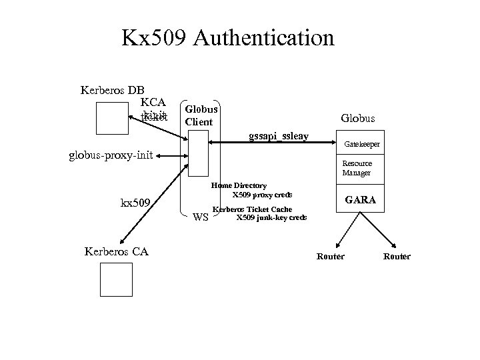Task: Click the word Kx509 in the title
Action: [x=155, y=38]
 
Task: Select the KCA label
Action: [x=153, y=103]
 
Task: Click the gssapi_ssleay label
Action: [x=278, y=136]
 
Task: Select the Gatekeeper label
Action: [x=362, y=144]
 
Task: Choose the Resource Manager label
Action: [x=357, y=168]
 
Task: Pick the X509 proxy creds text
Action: [x=262, y=195]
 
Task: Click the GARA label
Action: [x=360, y=199]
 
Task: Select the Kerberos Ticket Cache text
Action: [x=252, y=209]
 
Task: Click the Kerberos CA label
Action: [x=117, y=251]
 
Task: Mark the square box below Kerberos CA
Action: [x=117, y=279]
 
